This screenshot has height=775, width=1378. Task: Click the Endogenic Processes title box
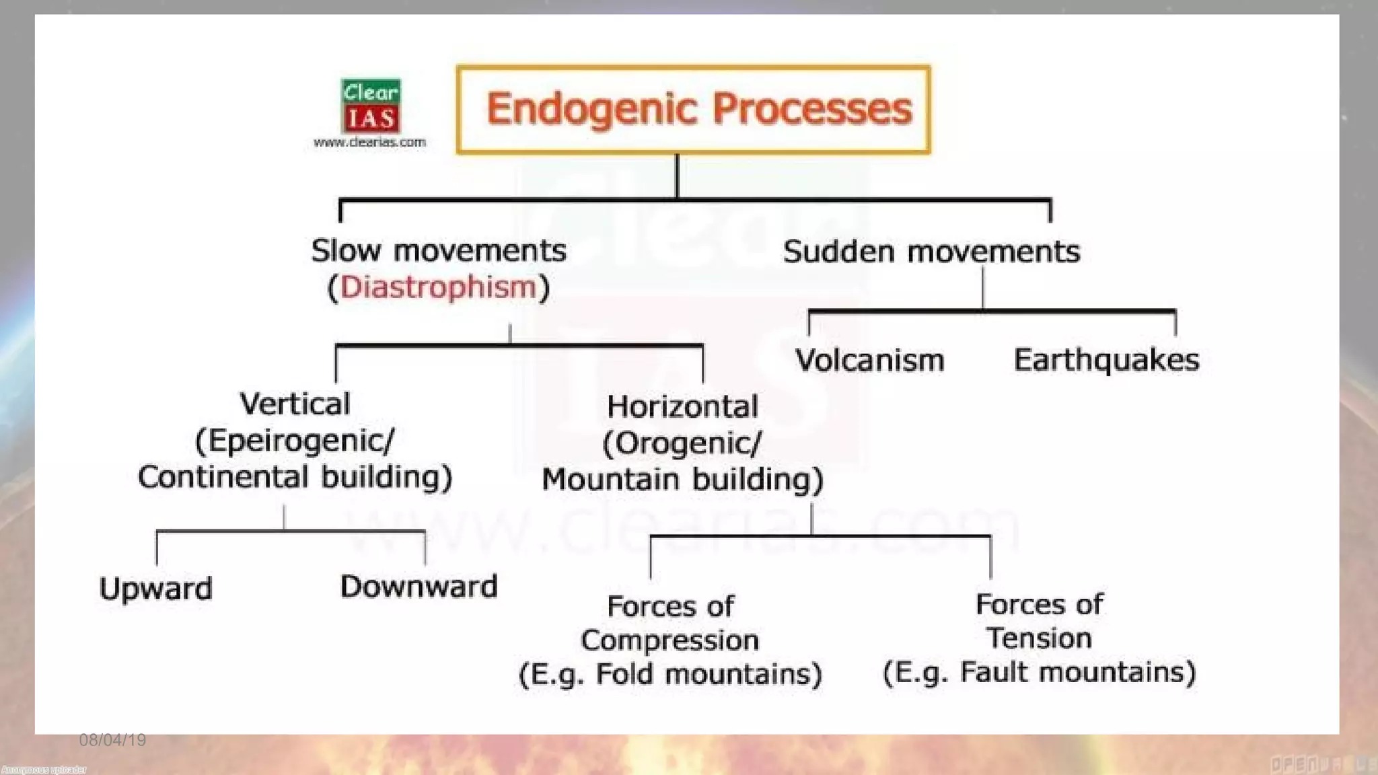click(693, 110)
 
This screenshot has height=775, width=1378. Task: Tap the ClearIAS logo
click(371, 106)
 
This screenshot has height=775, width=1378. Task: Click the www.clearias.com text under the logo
click(369, 142)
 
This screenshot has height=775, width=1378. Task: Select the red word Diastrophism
click(438, 287)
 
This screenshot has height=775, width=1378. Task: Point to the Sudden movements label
click(931, 252)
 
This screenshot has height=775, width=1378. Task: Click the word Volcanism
click(870, 360)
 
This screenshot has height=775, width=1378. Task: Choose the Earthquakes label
click(1106, 360)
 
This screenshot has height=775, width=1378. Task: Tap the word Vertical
click(295, 404)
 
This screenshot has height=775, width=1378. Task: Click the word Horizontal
click(682, 407)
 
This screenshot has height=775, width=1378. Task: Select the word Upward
click(155, 589)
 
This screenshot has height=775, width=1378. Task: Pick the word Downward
click(419, 587)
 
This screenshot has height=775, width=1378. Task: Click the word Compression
click(669, 640)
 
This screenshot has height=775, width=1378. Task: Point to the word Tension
click(1039, 638)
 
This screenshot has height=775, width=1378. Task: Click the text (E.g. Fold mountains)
click(670, 674)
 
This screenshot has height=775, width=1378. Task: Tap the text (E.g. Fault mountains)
click(1039, 672)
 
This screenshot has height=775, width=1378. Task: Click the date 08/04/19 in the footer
click(112, 740)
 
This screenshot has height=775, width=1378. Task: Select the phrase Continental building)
click(295, 477)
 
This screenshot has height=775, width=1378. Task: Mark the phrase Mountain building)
click(682, 480)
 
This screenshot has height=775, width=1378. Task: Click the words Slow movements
click(438, 251)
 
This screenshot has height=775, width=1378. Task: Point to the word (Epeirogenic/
click(295, 441)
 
